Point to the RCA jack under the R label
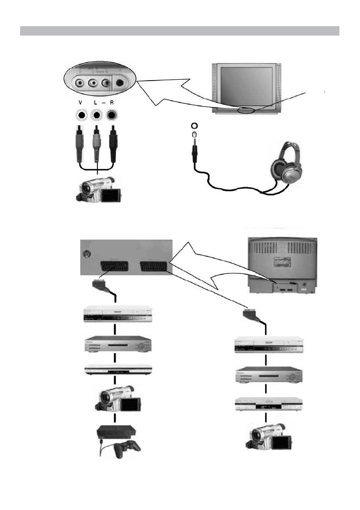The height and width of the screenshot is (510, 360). (x=112, y=115)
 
